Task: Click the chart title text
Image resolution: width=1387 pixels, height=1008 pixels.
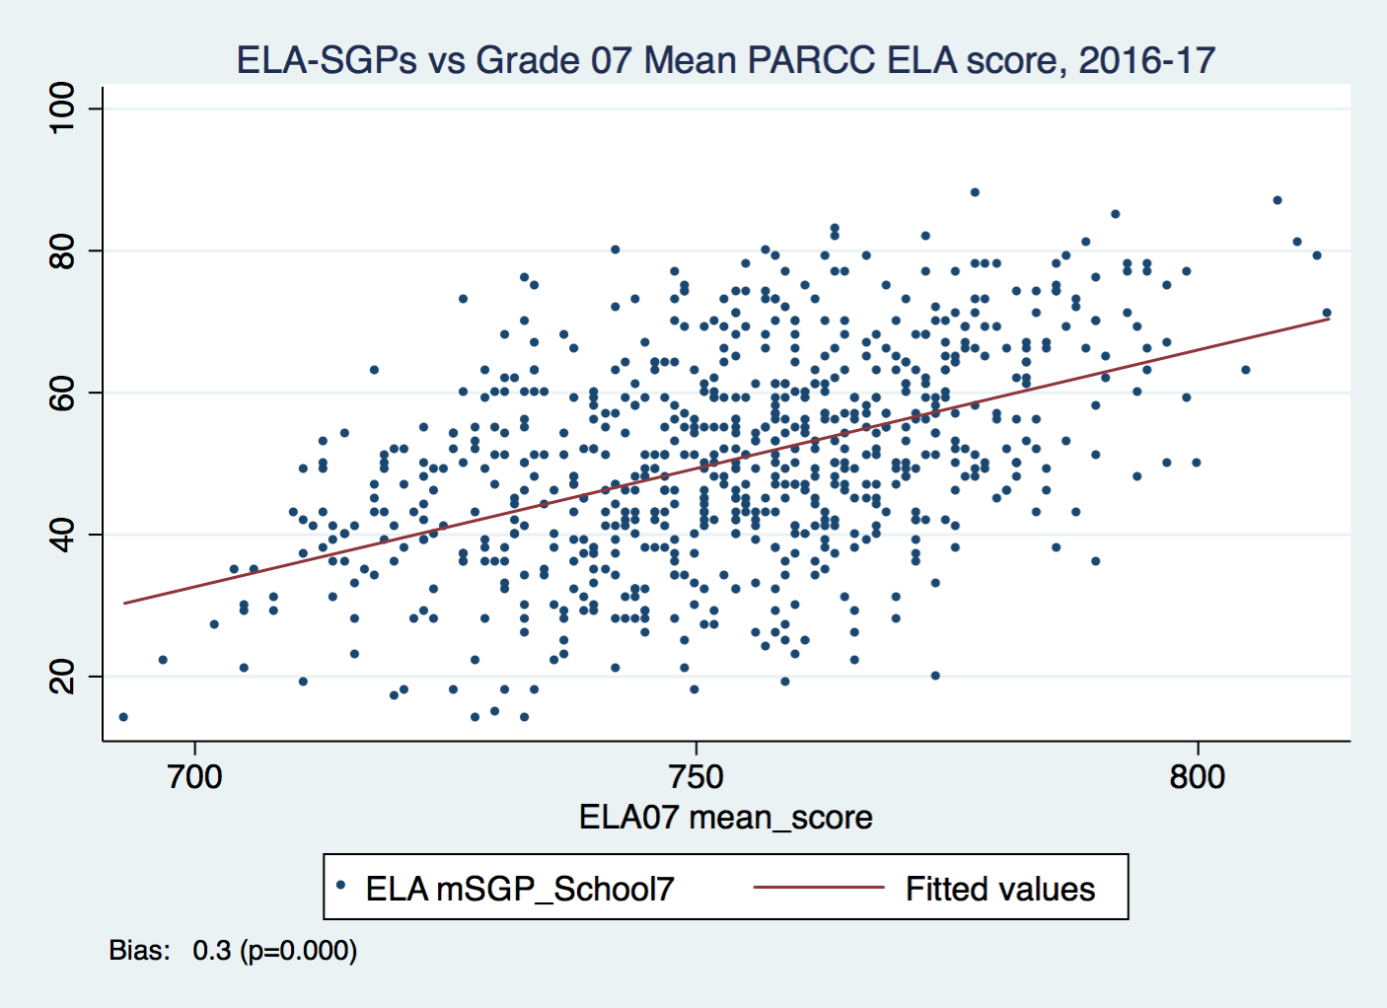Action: click(725, 60)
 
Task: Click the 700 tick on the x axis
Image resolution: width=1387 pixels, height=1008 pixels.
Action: click(195, 777)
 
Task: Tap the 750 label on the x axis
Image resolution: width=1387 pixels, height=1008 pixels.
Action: click(696, 777)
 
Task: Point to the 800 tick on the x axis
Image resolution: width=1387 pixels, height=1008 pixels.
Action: click(1198, 777)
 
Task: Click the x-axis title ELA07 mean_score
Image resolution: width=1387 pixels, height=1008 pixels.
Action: click(725, 818)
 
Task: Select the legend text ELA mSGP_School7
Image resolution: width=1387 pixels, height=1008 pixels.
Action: click(520, 889)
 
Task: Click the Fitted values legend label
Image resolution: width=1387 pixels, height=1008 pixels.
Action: click(1000, 889)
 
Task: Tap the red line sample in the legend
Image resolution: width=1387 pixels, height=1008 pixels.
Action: click(818, 888)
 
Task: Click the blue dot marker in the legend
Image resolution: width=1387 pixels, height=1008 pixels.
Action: click(340, 886)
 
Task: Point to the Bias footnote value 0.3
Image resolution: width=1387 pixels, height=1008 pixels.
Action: click(211, 951)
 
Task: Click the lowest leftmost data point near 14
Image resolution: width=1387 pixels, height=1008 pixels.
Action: click(123, 717)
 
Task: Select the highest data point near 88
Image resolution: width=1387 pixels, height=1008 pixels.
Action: click(975, 192)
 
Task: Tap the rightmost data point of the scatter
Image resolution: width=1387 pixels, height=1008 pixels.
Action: click(1327, 313)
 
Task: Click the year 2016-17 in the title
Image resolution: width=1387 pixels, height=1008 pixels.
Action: click(1146, 60)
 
